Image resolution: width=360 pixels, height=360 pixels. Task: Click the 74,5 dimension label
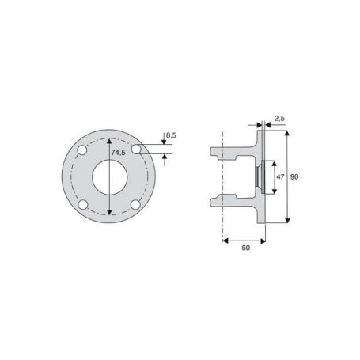click(118, 153)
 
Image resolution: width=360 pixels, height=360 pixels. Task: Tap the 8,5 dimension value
click(171, 136)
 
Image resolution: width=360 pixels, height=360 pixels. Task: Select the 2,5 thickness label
click(279, 119)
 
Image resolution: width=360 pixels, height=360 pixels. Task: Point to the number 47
click(280, 176)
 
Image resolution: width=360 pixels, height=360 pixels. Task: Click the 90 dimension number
click(294, 176)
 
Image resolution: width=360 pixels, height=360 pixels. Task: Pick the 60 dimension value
click(245, 248)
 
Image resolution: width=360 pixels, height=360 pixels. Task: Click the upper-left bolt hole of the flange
click(82, 150)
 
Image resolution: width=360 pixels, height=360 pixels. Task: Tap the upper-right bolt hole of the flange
click(136, 150)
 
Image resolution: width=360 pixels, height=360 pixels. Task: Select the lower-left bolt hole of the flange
click(83, 205)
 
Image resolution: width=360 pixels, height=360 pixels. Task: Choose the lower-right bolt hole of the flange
click(135, 205)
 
